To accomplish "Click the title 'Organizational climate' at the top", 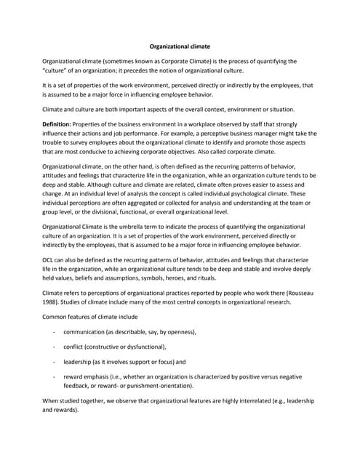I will click(179, 46).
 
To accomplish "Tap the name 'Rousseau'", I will click(298, 293).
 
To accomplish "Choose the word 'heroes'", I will click(200, 277).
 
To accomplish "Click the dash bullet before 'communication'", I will click(55, 332).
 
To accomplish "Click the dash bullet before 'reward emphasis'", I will click(55, 377).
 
